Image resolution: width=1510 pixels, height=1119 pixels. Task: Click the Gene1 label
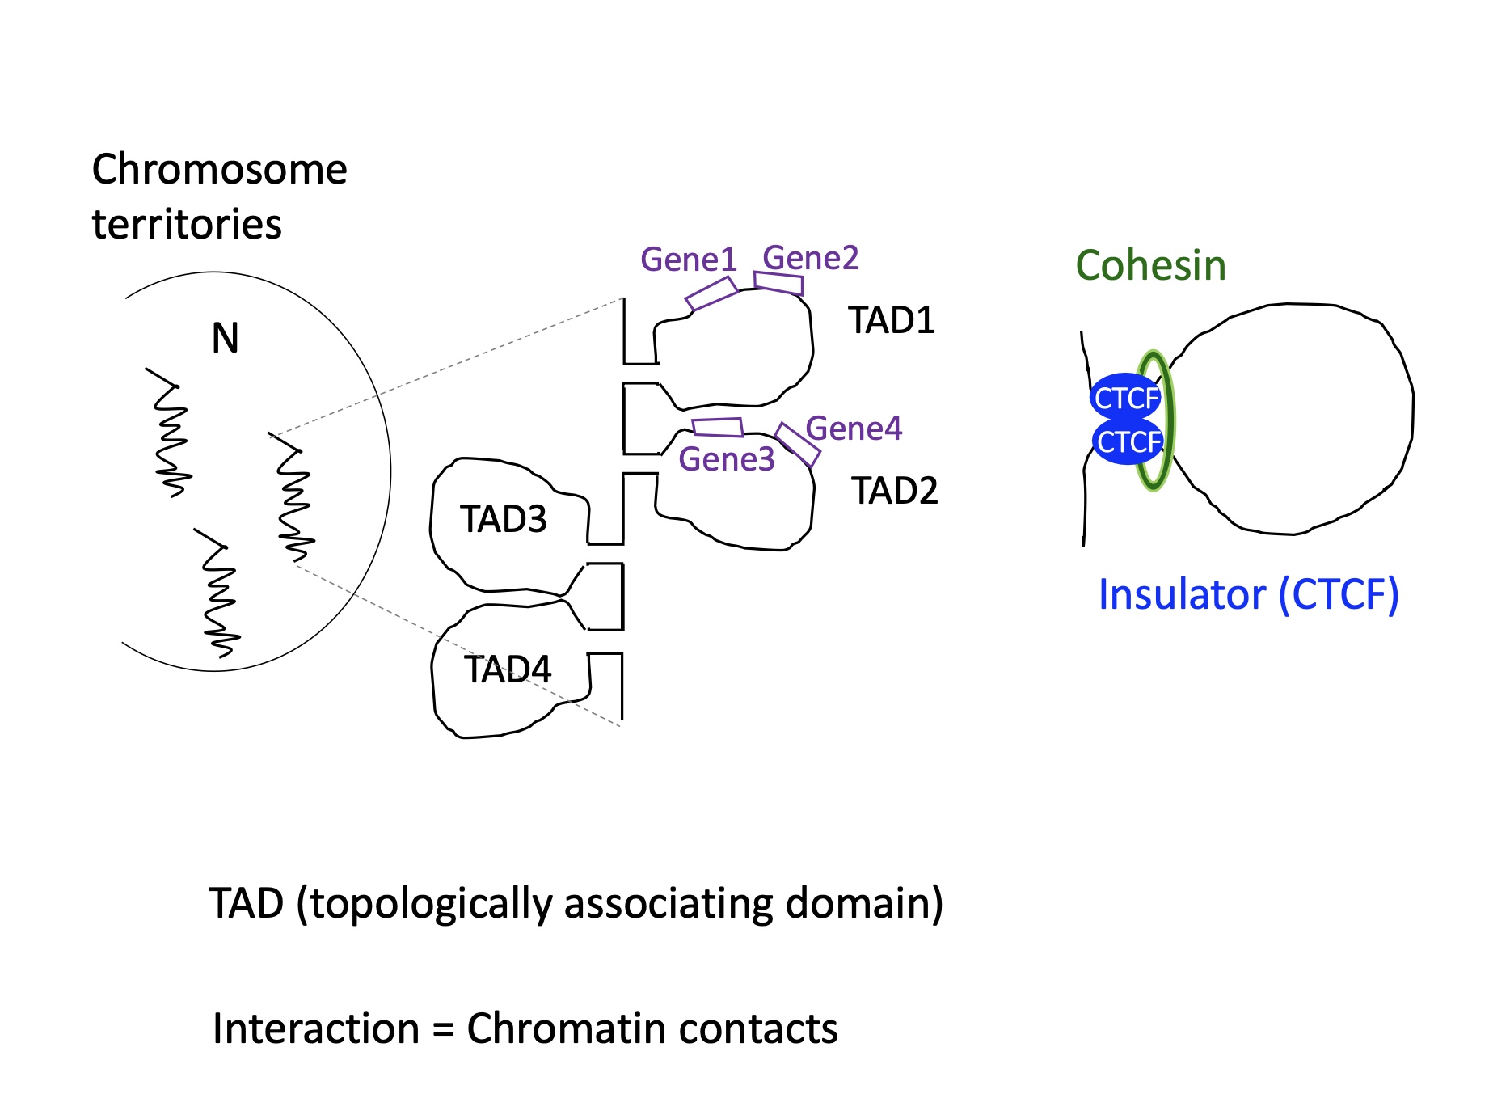(688, 260)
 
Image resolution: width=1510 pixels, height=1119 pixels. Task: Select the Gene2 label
(810, 258)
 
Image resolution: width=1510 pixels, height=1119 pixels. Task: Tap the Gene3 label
(726, 459)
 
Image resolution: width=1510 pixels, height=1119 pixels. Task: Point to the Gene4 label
(854, 429)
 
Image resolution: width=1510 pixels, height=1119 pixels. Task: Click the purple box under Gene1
(711, 293)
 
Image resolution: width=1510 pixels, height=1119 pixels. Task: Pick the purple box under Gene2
(778, 283)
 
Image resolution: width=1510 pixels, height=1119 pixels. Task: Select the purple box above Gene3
(718, 427)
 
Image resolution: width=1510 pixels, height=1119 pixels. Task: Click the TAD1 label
(891, 321)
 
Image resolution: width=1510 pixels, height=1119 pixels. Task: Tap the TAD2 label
(894, 491)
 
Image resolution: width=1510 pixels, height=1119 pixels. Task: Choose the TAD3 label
(503, 519)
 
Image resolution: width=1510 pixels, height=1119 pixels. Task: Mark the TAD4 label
(507, 669)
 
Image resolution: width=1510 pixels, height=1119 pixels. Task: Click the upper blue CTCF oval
(1125, 398)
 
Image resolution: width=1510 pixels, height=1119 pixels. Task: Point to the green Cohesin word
(1150, 265)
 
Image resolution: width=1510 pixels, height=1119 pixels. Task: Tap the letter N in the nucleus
(225, 338)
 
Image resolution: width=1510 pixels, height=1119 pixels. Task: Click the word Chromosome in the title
(219, 170)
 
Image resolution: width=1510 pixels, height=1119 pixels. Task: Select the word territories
(187, 224)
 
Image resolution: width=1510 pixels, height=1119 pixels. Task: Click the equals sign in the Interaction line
(442, 1030)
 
